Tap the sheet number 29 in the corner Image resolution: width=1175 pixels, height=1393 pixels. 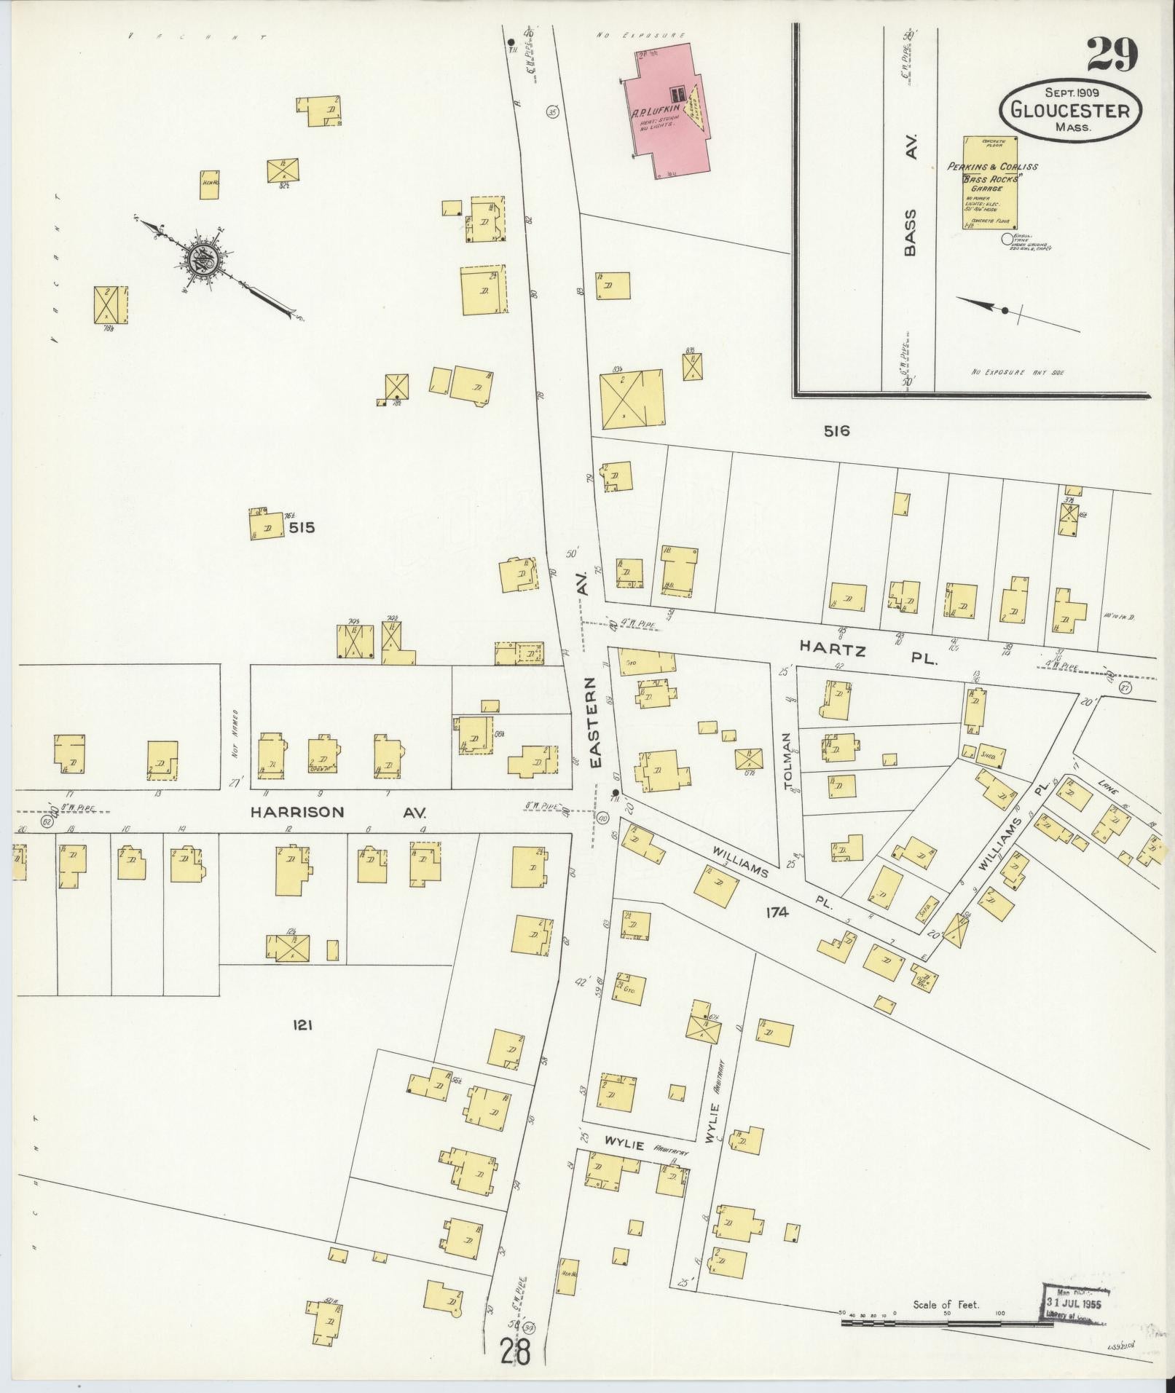point(1112,56)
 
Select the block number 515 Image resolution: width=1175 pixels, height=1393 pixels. point(301,527)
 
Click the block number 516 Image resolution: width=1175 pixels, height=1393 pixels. point(836,431)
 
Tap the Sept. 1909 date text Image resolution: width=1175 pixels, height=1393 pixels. point(1072,92)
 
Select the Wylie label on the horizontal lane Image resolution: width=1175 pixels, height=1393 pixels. point(624,1145)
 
